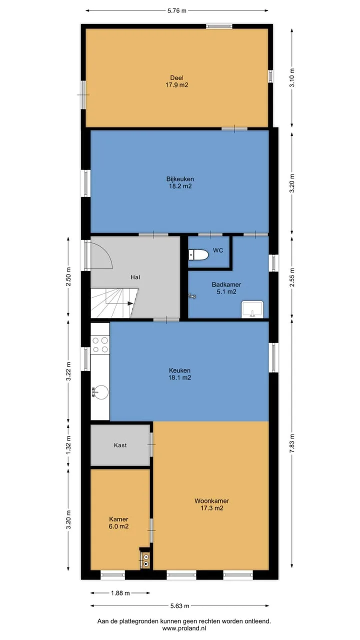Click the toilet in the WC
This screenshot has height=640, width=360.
tap(198, 254)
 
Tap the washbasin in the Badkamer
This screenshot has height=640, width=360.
tap(252, 309)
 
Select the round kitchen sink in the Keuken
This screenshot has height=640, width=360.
tap(100, 391)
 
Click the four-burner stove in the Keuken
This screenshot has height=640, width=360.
tap(100, 345)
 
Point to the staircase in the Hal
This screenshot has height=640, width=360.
tap(114, 303)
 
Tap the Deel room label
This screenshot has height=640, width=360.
tap(176, 77)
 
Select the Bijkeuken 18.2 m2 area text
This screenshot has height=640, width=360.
tap(180, 186)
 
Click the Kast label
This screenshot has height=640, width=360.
tap(120, 445)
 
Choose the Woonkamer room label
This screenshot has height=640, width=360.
tap(211, 501)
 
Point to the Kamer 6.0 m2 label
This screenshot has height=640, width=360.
tap(118, 523)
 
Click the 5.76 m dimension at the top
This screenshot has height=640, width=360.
tap(177, 11)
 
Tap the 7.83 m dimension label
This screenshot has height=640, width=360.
tap(292, 443)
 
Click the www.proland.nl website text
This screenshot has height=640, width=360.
tap(184, 628)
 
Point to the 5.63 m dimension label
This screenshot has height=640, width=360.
tap(179, 605)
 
